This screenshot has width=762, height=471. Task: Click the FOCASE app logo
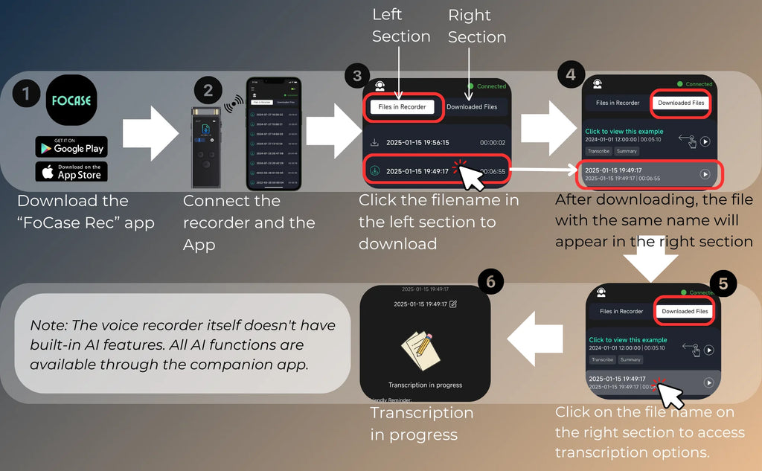[x=71, y=100]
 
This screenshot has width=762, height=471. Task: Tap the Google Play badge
[x=71, y=147]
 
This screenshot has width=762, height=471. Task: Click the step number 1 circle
[x=27, y=93]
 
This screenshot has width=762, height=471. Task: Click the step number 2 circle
[x=208, y=91]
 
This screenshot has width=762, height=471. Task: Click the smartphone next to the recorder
[x=273, y=134]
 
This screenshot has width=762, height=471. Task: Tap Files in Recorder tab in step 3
[x=402, y=106]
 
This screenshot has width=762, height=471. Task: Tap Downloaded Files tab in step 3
[x=472, y=106]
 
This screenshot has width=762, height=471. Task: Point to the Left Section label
[x=401, y=25]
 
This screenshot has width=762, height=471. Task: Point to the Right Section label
[x=477, y=26]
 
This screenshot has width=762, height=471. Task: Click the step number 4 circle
[x=571, y=74]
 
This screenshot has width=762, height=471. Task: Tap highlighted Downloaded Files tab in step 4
[x=680, y=103]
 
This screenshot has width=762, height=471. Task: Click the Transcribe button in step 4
[x=599, y=151]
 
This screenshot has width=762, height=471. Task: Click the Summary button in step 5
[x=630, y=359]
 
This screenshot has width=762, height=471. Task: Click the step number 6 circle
[x=490, y=280]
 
